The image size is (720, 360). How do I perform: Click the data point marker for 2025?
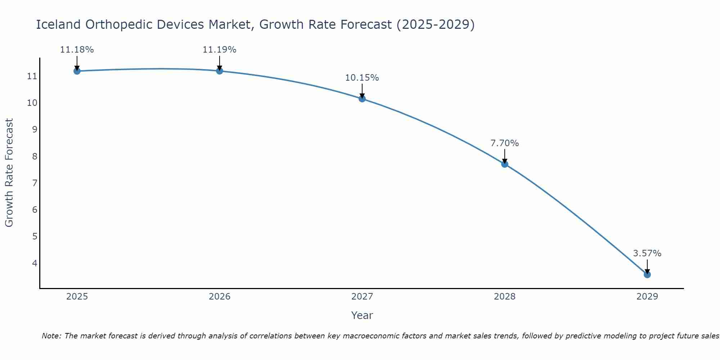tap(77, 71)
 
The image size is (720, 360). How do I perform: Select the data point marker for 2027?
tap(362, 99)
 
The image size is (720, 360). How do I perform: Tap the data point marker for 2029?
tap(647, 275)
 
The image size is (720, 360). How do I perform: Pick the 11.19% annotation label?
tap(219, 50)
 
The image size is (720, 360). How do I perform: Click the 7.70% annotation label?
tap(504, 143)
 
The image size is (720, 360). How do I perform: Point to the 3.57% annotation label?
tap(647, 253)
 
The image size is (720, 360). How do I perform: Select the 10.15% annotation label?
tap(362, 78)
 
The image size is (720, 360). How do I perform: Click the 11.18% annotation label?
tap(77, 50)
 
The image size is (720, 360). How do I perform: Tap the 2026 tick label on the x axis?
tap(219, 297)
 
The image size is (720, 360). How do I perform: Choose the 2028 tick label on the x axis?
tap(504, 297)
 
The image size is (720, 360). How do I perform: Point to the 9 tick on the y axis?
tap(35, 130)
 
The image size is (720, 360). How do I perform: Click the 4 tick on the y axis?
tap(35, 263)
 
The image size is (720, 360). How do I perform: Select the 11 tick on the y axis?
tap(32, 76)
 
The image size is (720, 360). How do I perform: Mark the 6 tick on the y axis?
tap(35, 210)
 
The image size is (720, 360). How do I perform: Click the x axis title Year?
tap(362, 315)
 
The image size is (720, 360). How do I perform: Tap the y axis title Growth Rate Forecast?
tap(9, 172)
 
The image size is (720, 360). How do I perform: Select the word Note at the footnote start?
tap(51, 336)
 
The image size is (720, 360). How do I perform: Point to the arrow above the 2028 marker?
tap(504, 157)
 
